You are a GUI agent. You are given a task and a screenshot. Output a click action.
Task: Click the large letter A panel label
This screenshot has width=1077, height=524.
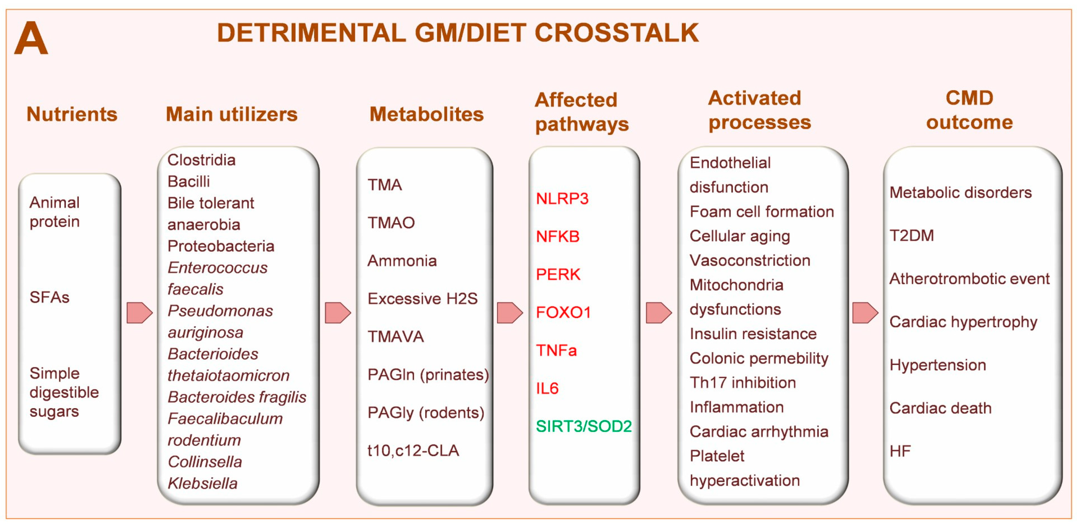coord(31,38)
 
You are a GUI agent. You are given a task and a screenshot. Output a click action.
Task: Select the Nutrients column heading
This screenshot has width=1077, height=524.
coord(72,114)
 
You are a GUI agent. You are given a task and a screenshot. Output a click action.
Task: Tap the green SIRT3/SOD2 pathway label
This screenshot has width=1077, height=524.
coord(584,426)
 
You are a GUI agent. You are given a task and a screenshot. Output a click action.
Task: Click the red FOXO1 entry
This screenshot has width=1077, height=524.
coord(563,312)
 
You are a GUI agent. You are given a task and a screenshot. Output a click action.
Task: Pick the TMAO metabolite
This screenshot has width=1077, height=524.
coord(391,223)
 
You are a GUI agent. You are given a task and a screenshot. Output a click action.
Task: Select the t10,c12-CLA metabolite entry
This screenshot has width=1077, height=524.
coord(413,450)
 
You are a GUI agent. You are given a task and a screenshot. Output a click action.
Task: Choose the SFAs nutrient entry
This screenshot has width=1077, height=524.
coord(49,297)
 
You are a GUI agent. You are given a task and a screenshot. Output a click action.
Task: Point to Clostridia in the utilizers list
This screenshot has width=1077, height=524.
coord(201,160)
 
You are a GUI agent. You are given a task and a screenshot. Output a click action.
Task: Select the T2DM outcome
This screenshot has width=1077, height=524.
coord(912,235)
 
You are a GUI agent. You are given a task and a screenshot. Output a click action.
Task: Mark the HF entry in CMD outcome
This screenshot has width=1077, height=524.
coord(900,451)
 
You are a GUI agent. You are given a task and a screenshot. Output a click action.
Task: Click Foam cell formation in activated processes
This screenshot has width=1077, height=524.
coord(761,212)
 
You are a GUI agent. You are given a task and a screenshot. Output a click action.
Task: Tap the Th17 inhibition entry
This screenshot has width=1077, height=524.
coord(742,383)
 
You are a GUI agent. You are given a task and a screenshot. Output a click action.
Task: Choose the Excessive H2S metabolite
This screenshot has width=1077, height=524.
coord(422,299)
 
